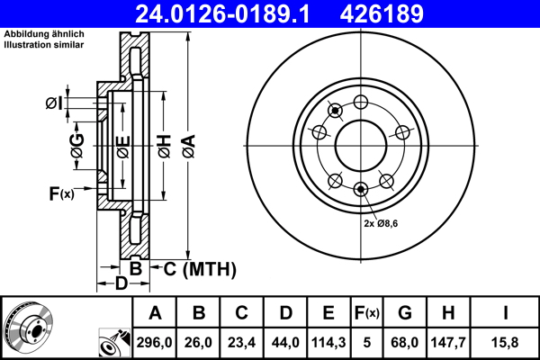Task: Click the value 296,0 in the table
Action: click(155, 342)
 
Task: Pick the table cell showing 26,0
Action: click(199, 342)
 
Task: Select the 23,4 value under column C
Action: click(242, 342)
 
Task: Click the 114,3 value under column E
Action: click(328, 342)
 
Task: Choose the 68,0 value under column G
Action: click(405, 342)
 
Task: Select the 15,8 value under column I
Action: click(506, 342)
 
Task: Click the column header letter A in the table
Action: click(155, 313)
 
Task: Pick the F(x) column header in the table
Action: click(367, 313)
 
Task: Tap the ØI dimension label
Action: click(54, 103)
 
